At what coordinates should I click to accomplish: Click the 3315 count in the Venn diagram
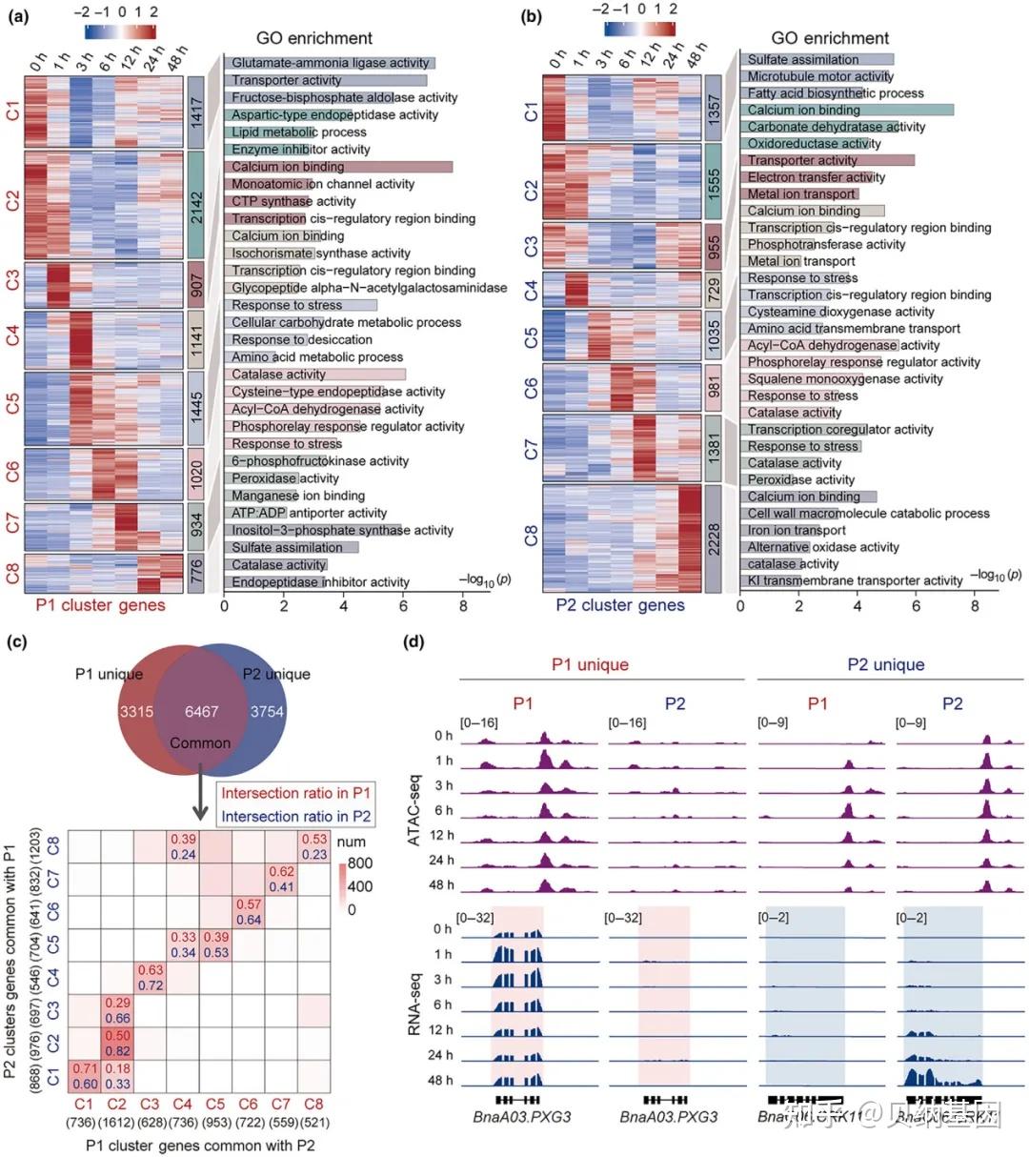136,712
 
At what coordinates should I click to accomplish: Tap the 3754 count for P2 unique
267,712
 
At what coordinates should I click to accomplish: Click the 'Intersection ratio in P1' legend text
295,793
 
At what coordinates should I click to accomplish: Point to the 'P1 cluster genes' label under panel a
100,605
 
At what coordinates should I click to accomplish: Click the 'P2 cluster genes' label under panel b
620,605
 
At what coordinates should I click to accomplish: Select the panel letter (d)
414,641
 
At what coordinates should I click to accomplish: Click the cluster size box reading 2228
714,538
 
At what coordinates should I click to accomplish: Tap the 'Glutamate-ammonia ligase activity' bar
330,63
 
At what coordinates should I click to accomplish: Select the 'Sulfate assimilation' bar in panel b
817,59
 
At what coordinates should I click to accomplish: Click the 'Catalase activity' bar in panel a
315,375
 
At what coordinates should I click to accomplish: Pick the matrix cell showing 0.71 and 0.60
85,1075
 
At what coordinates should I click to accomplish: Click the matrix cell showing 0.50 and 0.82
117,1043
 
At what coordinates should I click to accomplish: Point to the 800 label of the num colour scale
360,863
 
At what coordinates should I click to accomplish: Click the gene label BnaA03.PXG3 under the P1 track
522,1116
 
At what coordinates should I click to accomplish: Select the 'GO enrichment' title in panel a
313,38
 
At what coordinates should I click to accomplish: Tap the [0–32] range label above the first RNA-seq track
475,918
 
